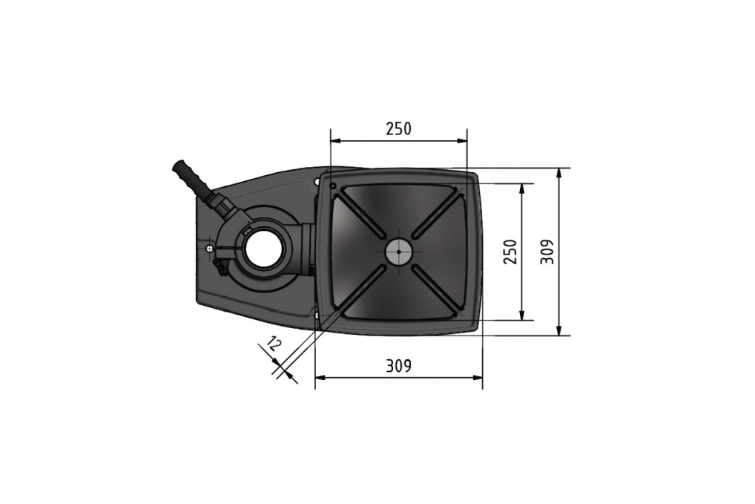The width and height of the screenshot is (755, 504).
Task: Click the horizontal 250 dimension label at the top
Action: [398, 128]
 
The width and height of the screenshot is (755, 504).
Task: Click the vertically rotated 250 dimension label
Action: [508, 252]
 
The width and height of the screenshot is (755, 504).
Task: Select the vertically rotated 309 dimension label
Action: [547, 252]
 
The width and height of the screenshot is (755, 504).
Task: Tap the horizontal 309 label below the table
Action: [398, 366]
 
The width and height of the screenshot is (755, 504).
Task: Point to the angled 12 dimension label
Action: [274, 344]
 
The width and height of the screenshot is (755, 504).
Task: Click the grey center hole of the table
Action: [398, 252]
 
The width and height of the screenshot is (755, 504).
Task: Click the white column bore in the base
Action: [259, 249]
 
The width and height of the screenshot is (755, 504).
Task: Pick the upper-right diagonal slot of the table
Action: [436, 214]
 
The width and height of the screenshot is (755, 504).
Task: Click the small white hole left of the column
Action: [211, 247]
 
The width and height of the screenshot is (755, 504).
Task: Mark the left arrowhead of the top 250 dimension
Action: [334, 140]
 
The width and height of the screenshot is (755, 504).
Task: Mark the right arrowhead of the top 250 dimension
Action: [463, 140]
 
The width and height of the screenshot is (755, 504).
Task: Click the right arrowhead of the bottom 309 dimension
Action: [478, 378]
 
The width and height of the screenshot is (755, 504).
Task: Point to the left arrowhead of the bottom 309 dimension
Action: [320, 378]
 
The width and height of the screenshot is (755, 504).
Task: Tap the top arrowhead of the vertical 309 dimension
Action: [559, 173]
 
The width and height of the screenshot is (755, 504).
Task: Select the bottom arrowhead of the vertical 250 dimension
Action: [523, 315]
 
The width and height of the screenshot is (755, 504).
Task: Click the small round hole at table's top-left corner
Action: [334, 185]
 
